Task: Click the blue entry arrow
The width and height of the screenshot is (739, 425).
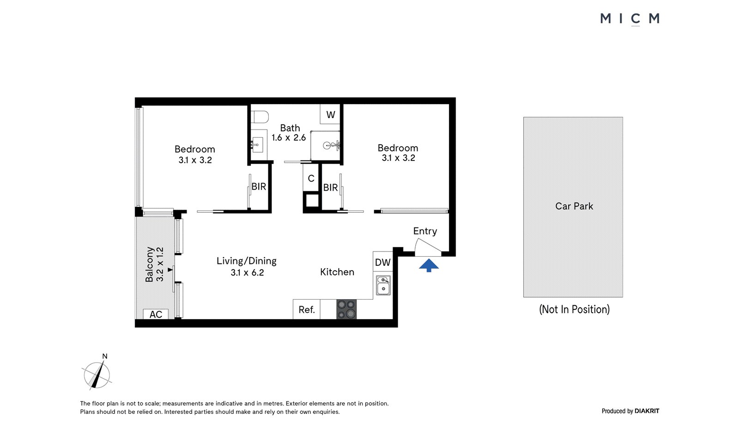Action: pos(429,265)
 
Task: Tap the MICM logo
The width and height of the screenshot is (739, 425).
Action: pos(630,18)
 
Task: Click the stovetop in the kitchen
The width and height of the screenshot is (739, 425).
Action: pos(346,309)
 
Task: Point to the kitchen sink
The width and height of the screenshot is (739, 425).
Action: pos(383,285)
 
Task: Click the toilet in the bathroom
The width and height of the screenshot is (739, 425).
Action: pos(260,117)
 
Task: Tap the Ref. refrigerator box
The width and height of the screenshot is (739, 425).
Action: pos(307,309)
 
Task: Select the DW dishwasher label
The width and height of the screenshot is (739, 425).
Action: pos(383,262)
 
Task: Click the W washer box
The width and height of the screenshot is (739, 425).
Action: pos(330,114)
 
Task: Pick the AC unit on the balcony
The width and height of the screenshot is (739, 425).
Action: pos(156,314)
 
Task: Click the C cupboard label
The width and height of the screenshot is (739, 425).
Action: pos(311,179)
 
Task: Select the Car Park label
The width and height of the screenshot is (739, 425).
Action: pos(574,206)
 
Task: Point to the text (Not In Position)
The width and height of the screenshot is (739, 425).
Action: pos(575,309)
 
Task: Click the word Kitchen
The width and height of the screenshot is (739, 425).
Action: pos(337,272)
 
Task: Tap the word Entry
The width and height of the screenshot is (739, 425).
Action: pos(425,231)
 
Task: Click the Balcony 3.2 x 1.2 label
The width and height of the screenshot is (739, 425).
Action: pos(154,264)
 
